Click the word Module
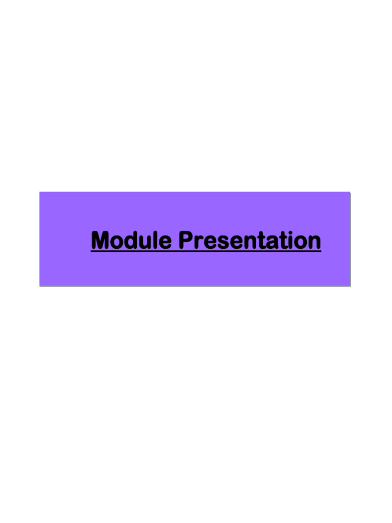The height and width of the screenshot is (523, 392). pos(131,241)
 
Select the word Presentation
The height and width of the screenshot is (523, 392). pos(250,241)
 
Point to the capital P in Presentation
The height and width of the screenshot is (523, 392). pos(186,241)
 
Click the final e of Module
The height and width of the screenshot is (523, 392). pos(164,242)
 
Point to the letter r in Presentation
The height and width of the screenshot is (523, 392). pos(198,242)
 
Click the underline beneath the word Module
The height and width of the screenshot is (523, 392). pos(131,251)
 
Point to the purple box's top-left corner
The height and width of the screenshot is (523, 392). pos(40,192)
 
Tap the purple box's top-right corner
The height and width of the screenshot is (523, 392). pos(350,192)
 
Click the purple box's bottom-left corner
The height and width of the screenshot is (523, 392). pos(40,286)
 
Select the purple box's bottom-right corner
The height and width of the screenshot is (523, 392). pos(350,286)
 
